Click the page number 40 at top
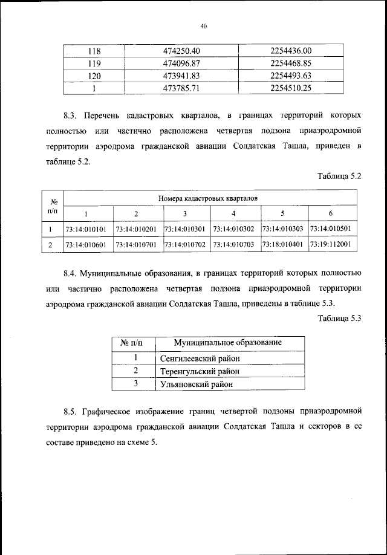[203, 26]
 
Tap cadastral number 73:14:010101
[86, 229]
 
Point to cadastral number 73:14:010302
[235, 229]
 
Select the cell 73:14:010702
[185, 245]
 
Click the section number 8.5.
[71, 413]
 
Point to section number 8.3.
[71, 114]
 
